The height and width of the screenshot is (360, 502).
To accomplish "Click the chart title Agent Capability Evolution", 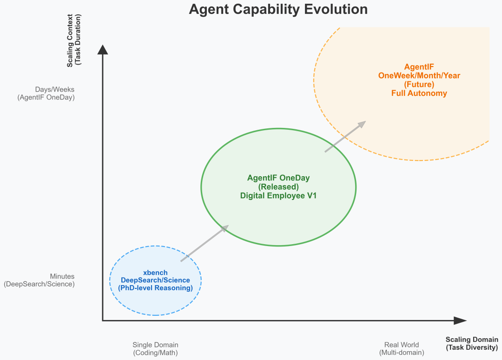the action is [278, 9].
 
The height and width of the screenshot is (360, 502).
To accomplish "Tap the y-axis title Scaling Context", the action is [69, 40].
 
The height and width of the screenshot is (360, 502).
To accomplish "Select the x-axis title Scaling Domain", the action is [472, 340].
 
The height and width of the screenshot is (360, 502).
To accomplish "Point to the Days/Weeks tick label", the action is [55, 89].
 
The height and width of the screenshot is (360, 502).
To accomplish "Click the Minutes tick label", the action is [62, 276].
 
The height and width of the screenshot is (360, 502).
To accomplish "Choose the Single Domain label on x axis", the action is [155, 345].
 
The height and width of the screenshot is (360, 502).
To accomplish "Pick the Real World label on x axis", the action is [402, 345].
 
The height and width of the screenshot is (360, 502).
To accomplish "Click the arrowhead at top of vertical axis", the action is [102, 50].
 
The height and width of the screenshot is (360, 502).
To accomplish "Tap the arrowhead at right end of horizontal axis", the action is [460, 320].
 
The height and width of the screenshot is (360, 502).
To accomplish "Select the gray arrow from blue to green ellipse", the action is [205, 243].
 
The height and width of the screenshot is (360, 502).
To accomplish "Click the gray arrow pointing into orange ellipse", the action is [345, 136].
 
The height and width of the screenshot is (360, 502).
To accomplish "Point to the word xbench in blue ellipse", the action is [155, 273].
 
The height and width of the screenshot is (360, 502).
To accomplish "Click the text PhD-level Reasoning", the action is [155, 288].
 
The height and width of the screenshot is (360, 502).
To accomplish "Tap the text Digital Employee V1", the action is [278, 196].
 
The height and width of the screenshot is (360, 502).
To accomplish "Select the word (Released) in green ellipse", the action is [278, 187].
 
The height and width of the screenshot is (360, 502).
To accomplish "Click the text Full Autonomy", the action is [419, 93].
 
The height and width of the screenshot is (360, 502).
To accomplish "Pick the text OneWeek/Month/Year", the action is [419, 76].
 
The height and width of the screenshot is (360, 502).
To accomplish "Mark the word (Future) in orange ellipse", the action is [419, 84].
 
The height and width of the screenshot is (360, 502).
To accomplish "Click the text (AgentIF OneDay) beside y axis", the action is [46, 97].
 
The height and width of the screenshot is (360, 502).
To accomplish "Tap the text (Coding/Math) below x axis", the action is [155, 353].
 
